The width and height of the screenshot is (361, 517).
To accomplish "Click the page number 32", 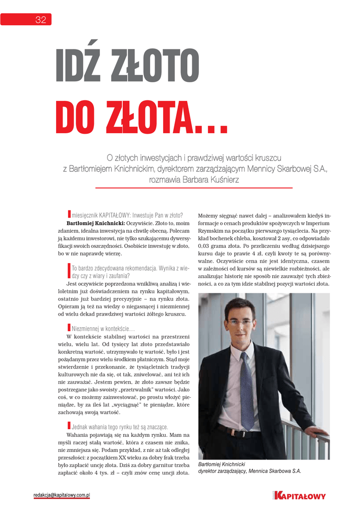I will (40, 20).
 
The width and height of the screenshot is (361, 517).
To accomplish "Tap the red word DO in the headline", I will (77, 117).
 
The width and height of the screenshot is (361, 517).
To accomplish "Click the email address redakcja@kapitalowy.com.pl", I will (62, 495).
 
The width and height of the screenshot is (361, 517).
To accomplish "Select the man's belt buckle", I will (237, 433).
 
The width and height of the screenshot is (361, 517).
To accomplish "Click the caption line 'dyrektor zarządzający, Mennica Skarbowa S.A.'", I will (249, 471).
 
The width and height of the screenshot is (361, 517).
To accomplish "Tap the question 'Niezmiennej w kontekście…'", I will (96, 329).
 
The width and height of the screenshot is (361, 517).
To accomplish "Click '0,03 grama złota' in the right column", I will (221, 246).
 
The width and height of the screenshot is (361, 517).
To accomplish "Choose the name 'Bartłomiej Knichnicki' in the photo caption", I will (222, 464).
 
